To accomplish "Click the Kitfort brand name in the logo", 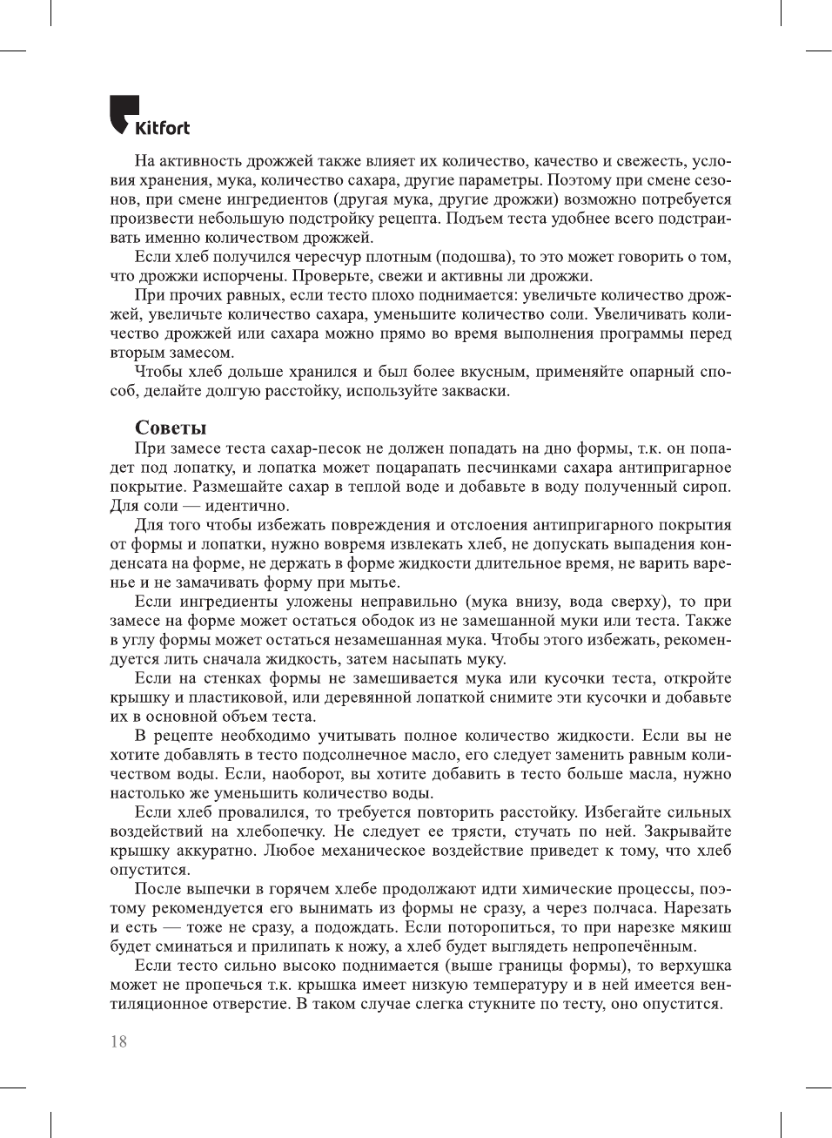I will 162,128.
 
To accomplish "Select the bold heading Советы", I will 171,428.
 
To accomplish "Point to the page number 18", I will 118,1041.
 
